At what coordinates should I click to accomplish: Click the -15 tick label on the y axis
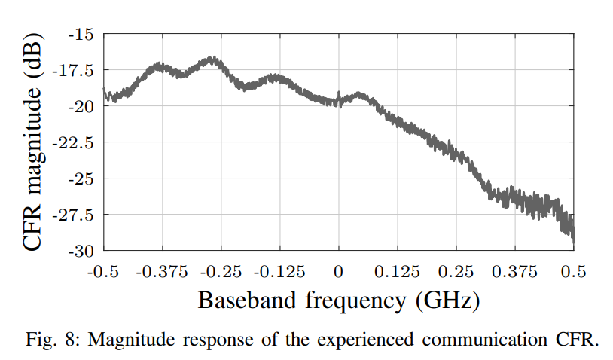pyautogui.click(x=80, y=34)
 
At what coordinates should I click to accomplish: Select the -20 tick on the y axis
pyautogui.click(x=80, y=106)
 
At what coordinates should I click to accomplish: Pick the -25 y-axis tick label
pyautogui.click(x=80, y=178)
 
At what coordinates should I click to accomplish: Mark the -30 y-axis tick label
pyautogui.click(x=80, y=250)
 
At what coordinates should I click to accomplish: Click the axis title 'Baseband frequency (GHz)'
pyautogui.click(x=338, y=301)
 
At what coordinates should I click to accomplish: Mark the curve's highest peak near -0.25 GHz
pyautogui.click(x=212, y=59)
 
